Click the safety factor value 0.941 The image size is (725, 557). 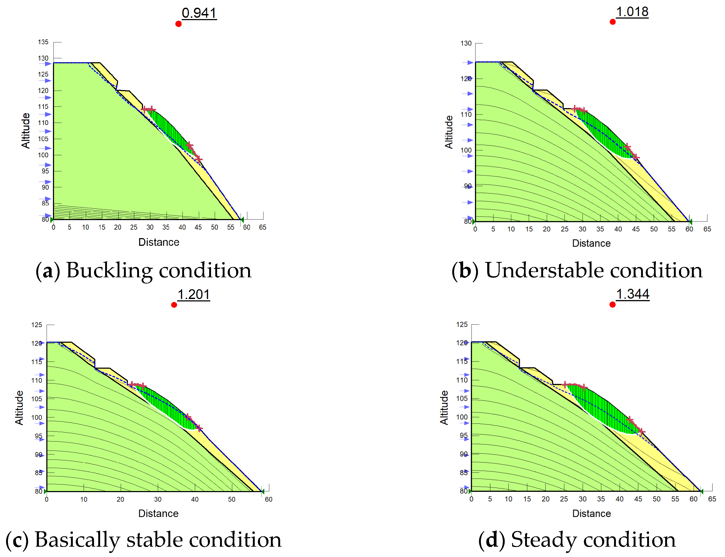point(199,13)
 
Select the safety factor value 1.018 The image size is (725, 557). point(632,12)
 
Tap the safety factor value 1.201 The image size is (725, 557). point(194,295)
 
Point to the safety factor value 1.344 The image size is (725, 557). point(633,294)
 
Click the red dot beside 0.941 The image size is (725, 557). point(178,24)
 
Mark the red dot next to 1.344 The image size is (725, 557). point(612,304)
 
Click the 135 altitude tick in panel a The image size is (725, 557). point(43,42)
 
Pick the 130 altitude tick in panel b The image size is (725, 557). point(466,43)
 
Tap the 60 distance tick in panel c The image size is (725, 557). point(268,499)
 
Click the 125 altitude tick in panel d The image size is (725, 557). point(462,324)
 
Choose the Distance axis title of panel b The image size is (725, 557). point(591,243)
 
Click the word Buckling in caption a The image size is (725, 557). point(109,270)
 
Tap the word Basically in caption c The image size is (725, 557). point(78,540)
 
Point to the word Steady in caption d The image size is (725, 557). point(544,540)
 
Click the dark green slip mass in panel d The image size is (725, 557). point(603,409)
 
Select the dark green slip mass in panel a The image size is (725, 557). point(171,131)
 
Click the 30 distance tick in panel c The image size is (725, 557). point(158,499)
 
